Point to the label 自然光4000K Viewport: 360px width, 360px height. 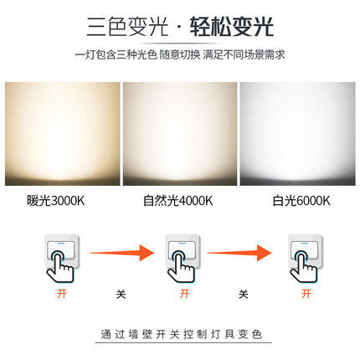tap(177, 201)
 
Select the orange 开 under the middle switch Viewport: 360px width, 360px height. tap(183, 295)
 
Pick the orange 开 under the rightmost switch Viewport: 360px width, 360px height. tap(306, 295)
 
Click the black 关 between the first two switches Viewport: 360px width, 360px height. tap(121, 295)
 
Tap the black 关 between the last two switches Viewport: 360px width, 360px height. tap(243, 295)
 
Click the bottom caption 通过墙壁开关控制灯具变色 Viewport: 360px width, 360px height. tap(180, 333)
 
